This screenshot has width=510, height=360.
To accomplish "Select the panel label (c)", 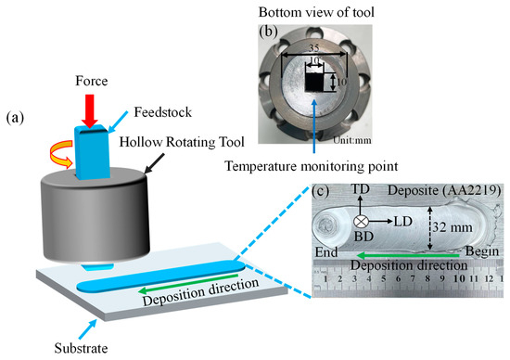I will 321,192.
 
